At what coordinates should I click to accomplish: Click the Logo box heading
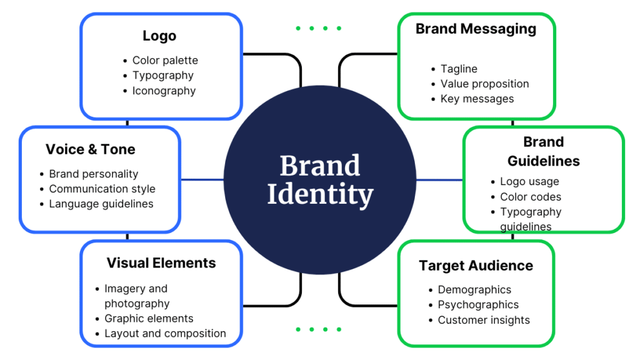click(159, 36)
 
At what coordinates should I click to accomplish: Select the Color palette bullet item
click(165, 61)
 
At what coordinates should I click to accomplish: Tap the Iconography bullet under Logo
click(164, 91)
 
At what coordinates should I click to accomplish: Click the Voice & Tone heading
click(91, 149)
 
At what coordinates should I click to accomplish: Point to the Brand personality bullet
click(94, 174)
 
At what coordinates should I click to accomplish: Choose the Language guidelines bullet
click(101, 204)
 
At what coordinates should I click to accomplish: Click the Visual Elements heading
click(161, 263)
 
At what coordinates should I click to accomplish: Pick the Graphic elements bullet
click(149, 318)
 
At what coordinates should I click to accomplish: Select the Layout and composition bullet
click(165, 333)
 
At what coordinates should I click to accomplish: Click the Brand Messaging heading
click(476, 29)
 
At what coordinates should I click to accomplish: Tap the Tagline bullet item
click(459, 69)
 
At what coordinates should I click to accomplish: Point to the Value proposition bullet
click(484, 84)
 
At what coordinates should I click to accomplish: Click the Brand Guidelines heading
click(543, 151)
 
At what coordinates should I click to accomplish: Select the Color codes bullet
click(531, 197)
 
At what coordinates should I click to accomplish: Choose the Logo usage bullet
click(529, 182)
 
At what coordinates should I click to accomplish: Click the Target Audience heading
click(476, 266)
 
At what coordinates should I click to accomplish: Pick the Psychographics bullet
click(478, 305)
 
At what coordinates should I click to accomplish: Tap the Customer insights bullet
click(484, 320)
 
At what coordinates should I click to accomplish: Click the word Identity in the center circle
click(320, 194)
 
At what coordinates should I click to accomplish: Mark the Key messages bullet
click(477, 99)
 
